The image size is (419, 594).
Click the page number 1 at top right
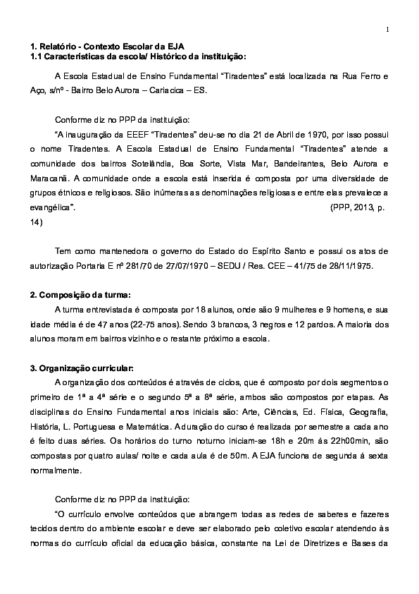[x=387, y=29]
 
